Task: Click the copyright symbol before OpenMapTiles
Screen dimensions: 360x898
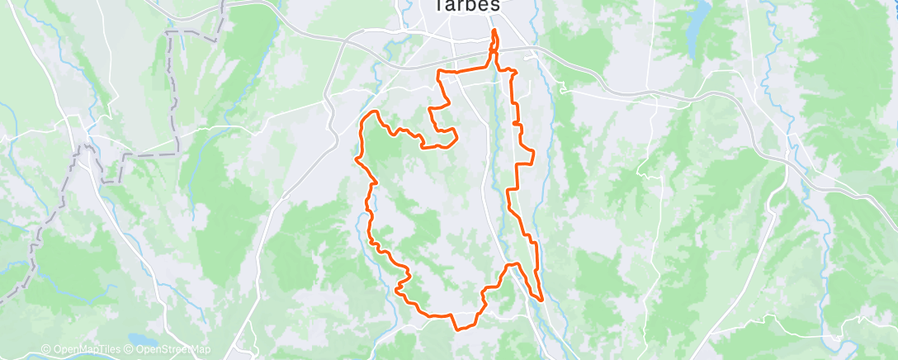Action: [45, 349]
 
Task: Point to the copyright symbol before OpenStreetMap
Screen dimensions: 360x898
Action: [129, 349]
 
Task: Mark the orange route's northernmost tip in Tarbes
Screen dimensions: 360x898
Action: [494, 31]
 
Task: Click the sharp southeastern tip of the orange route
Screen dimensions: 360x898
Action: [541, 300]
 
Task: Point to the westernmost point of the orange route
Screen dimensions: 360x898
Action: [357, 157]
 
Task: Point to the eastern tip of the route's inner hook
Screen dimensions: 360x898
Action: [457, 134]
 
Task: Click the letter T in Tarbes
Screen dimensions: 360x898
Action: [439, 5]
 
